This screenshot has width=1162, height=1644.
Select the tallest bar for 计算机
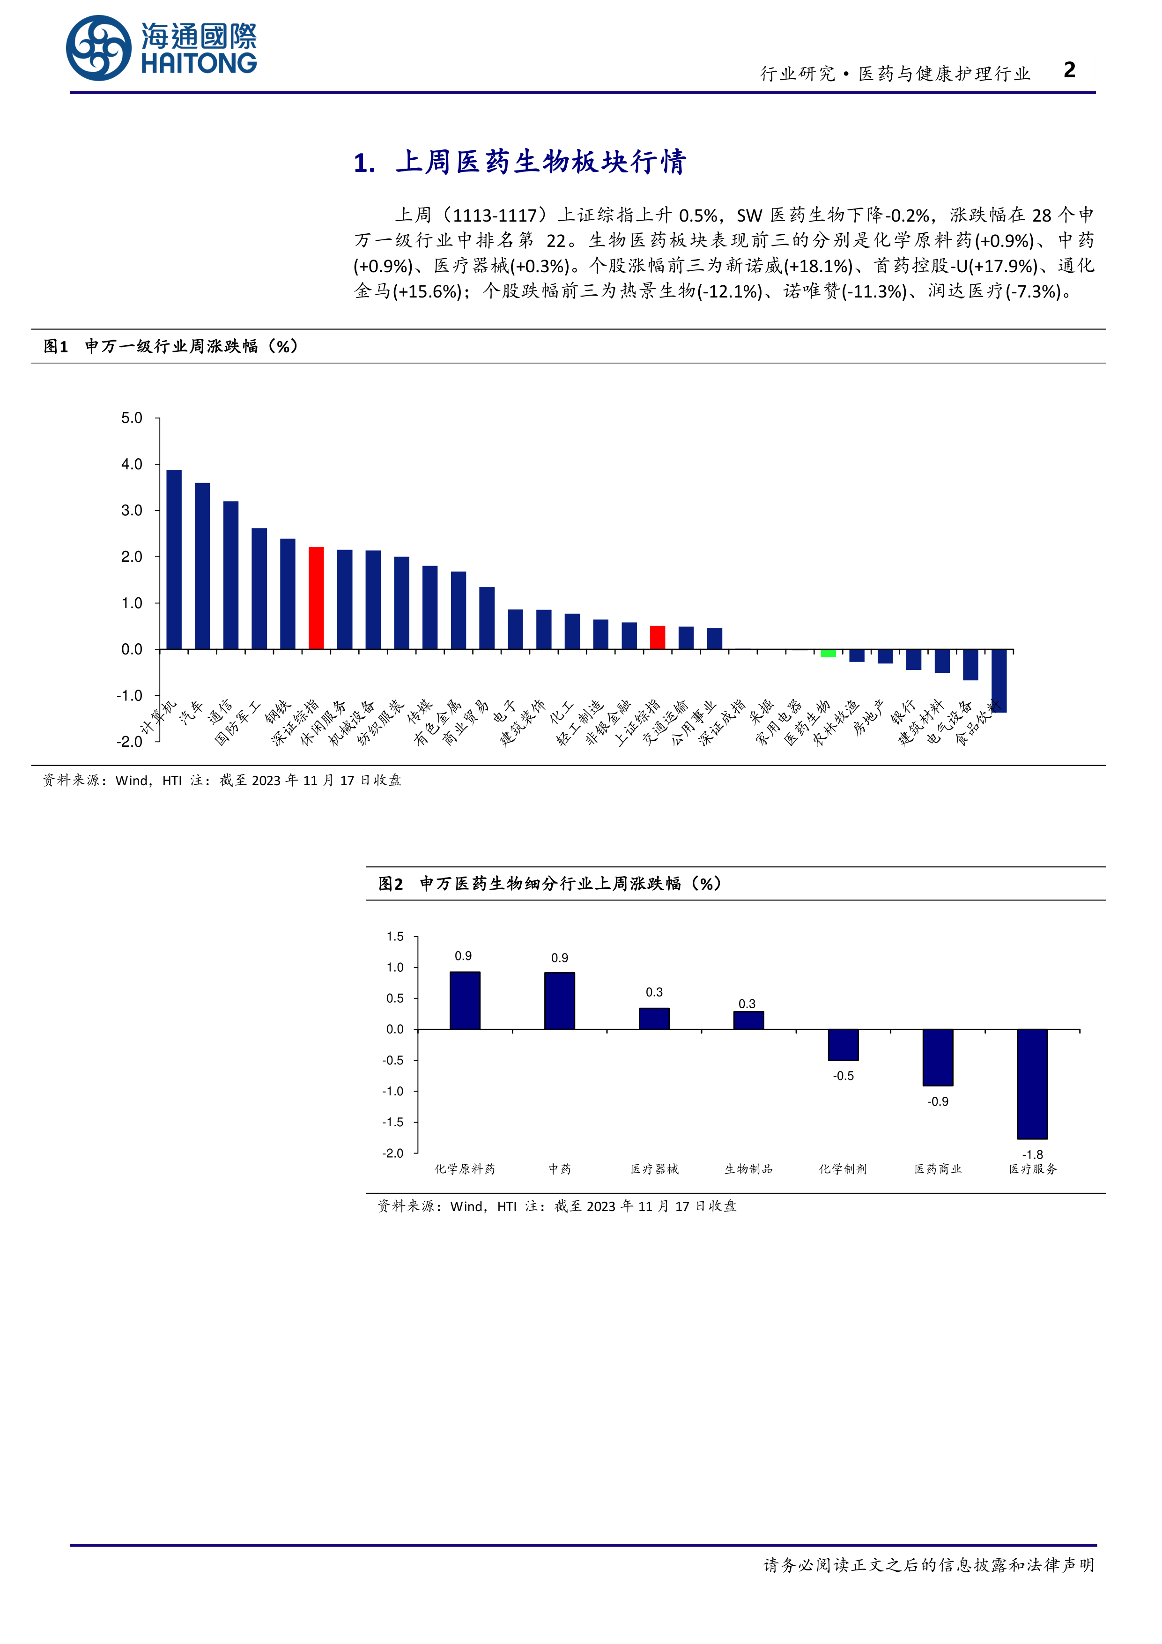(x=174, y=559)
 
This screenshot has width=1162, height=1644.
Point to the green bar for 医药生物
(x=829, y=653)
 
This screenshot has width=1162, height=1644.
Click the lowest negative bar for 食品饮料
(x=999, y=680)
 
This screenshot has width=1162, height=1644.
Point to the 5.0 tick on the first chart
(x=132, y=418)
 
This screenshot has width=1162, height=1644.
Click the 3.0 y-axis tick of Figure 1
(x=132, y=511)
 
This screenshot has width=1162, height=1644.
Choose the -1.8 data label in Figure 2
(x=1032, y=1155)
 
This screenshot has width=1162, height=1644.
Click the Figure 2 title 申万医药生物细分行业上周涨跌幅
(x=550, y=884)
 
